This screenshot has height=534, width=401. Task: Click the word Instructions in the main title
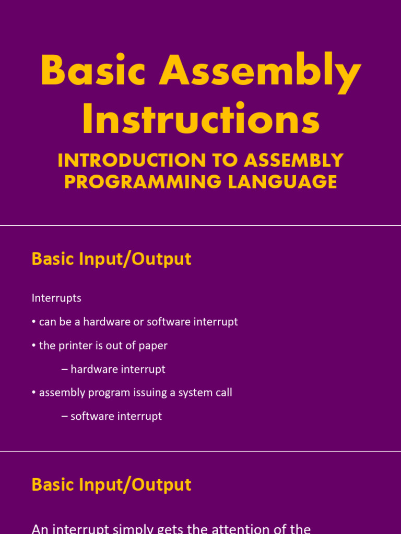pyautogui.click(x=201, y=118)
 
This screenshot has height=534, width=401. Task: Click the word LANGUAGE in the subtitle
pyautogui.click(x=282, y=181)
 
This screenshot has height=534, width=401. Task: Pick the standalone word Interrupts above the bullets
pyautogui.click(x=56, y=298)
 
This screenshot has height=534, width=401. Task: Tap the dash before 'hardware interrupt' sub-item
pyautogui.click(x=64, y=370)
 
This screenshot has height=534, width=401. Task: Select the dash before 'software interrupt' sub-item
pyautogui.click(x=64, y=417)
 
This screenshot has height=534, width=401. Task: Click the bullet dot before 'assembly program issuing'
pyautogui.click(x=34, y=393)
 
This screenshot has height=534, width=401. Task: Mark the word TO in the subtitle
pyautogui.click(x=225, y=160)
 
